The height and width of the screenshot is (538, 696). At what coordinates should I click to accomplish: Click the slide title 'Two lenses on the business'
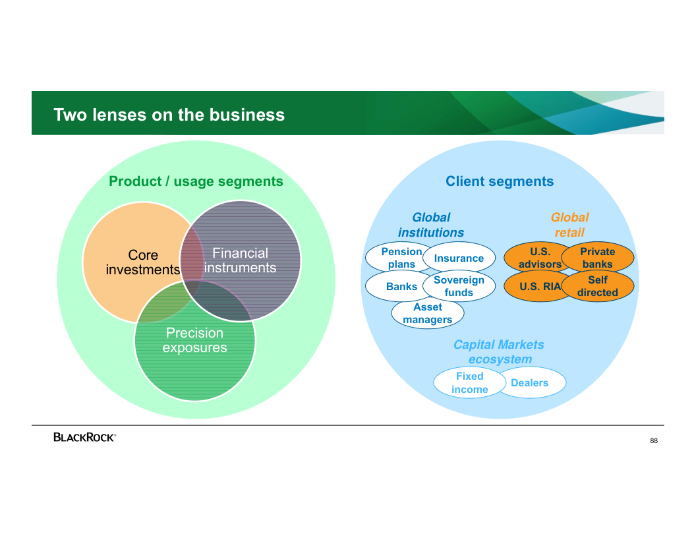click(x=169, y=115)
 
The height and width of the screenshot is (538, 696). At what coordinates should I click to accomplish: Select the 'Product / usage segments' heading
click(x=196, y=181)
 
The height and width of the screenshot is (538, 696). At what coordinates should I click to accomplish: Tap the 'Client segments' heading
click(x=500, y=181)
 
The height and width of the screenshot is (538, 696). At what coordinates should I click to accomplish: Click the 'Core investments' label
click(x=143, y=262)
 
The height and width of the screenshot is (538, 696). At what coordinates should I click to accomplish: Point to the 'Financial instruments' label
click(x=240, y=260)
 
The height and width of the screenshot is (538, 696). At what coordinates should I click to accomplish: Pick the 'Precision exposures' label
click(x=194, y=340)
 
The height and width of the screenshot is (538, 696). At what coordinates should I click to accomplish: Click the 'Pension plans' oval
click(x=398, y=258)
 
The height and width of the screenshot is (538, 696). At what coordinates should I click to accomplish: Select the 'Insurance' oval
click(x=459, y=258)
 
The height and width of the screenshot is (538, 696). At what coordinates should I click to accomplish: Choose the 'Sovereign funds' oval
click(x=459, y=286)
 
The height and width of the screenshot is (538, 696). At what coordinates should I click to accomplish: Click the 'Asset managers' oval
click(x=428, y=314)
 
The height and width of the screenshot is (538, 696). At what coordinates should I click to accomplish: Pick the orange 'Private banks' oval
click(x=598, y=258)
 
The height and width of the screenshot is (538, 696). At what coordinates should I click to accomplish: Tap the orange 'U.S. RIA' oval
click(x=538, y=287)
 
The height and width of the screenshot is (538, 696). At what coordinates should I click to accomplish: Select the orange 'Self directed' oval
click(x=598, y=286)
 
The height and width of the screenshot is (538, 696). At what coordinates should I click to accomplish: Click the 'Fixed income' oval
click(x=469, y=383)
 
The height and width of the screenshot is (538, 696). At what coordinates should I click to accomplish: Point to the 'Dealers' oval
click(x=531, y=383)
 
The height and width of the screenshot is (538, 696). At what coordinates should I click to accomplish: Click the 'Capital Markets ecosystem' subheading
click(x=499, y=352)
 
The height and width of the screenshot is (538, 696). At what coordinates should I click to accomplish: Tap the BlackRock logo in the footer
click(x=84, y=436)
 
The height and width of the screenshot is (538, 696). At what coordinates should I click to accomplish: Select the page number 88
click(x=653, y=440)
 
